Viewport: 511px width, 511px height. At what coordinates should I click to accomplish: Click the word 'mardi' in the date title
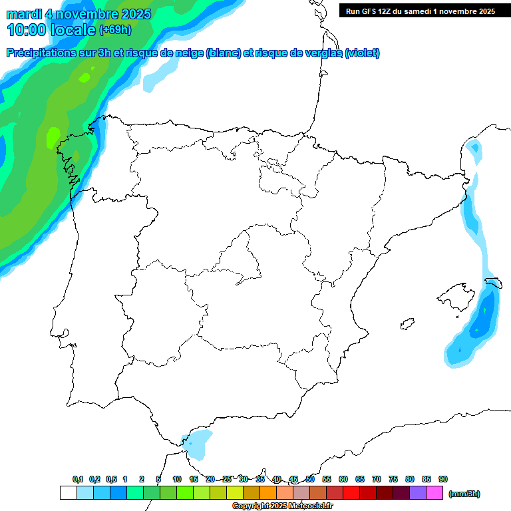click(x=24, y=14)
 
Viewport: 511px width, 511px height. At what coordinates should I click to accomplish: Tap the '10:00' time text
click(x=27, y=30)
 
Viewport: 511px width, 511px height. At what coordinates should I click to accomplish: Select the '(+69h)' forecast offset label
click(x=115, y=30)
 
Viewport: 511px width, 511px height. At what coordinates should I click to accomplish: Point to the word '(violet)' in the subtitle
click(x=362, y=53)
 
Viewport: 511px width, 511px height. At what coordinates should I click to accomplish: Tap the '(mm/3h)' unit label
click(x=464, y=494)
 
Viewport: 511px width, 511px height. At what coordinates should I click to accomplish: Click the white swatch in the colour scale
click(x=68, y=493)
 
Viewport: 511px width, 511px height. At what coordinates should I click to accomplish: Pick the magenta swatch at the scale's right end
click(x=434, y=493)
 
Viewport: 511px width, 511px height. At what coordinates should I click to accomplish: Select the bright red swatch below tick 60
click(x=351, y=493)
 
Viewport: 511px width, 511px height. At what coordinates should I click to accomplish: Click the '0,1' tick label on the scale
click(x=78, y=480)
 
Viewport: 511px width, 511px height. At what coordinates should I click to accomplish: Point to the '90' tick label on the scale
click(x=443, y=480)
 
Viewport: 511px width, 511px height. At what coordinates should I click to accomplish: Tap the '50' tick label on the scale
click(x=310, y=480)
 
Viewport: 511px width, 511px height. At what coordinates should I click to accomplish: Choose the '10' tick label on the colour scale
click(x=177, y=480)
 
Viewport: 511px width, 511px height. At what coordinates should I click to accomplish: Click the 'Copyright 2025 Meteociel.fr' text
click(x=282, y=506)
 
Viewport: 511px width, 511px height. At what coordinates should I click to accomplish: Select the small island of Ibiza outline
click(x=407, y=323)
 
